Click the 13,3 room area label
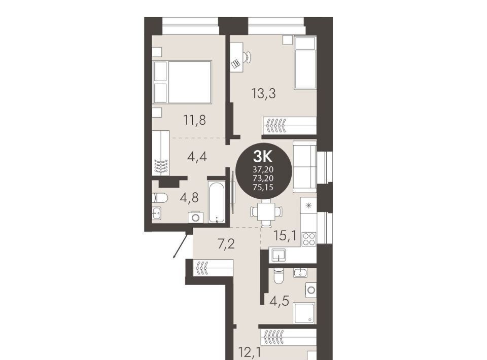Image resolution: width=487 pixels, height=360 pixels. pos(264,93)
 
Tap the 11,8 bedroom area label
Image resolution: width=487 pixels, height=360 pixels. pos(195,120)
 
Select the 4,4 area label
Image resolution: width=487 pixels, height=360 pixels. pos(197,157)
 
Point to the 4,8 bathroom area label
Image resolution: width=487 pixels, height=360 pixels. pos(189,197)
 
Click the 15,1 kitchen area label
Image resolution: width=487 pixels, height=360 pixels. pos(285,236)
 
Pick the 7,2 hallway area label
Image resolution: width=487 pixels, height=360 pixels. pos(226,244)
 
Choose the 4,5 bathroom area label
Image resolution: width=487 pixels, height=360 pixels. pos(280,301)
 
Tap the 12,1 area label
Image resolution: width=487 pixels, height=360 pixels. pos(250,352)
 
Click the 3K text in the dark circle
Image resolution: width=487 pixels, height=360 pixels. pos(263,156)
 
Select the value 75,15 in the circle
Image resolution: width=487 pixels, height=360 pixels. pos(263,187)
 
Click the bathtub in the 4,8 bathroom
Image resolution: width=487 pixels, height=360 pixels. pos(216,202)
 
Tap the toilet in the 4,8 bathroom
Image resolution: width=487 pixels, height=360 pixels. pos(160,198)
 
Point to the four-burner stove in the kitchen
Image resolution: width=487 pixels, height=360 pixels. pos(309,239)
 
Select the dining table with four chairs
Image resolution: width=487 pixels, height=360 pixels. pos(266,212)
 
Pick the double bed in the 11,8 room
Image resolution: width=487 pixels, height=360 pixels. pos(182,82)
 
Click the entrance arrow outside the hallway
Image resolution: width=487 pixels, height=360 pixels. pos(182,246)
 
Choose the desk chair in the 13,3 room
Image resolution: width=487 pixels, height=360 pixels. pos(247,57)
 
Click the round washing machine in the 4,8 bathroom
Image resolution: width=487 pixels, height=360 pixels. pos(196,217)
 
